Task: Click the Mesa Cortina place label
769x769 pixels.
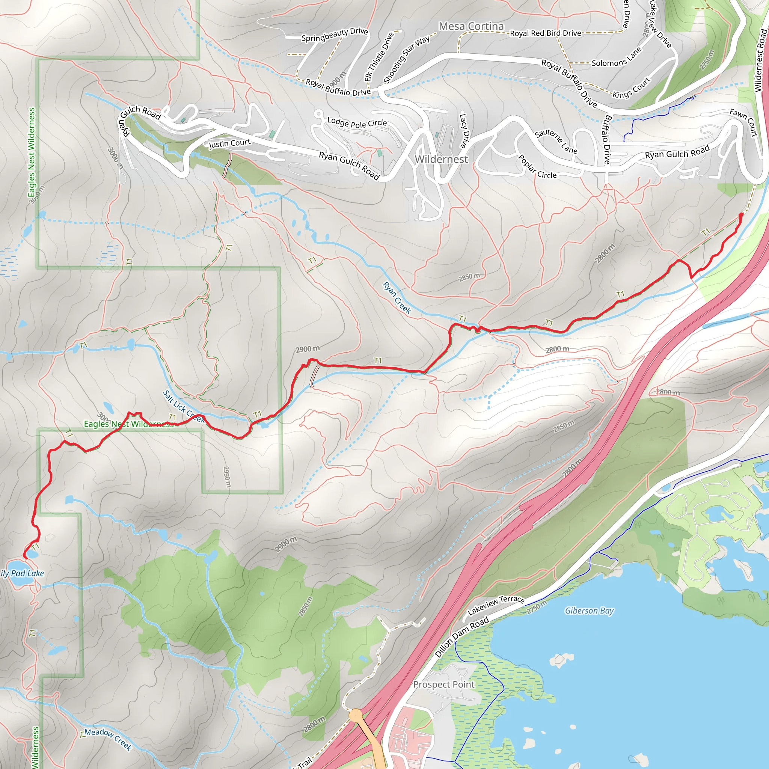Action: click(471, 26)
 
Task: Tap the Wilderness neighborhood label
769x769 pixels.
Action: click(441, 159)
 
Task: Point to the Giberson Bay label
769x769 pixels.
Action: click(589, 611)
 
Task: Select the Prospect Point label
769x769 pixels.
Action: click(443, 685)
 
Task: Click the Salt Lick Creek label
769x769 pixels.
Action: click(184, 406)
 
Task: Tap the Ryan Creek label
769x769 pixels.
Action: click(397, 298)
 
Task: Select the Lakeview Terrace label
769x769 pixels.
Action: click(496, 605)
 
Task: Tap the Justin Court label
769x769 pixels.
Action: click(230, 143)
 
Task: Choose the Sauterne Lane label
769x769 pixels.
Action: click(556, 142)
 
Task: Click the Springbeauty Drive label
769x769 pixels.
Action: click(334, 35)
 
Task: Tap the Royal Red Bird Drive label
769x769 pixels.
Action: click(545, 33)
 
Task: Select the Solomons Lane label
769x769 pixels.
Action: click(617, 57)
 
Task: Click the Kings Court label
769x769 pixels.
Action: click(631, 88)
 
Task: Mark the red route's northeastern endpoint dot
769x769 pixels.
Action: click(741, 215)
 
